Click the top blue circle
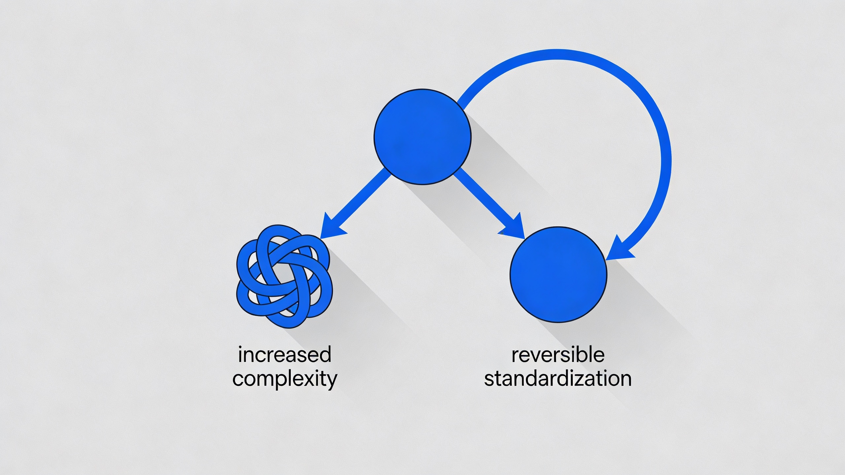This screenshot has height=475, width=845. tap(422, 137)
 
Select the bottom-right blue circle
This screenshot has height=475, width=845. tap(558, 274)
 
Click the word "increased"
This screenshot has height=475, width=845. tap(285, 355)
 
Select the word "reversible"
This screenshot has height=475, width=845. tap(558, 355)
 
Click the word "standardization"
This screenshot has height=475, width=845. tap(558, 379)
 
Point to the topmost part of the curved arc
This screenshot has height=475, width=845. tap(558, 54)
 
